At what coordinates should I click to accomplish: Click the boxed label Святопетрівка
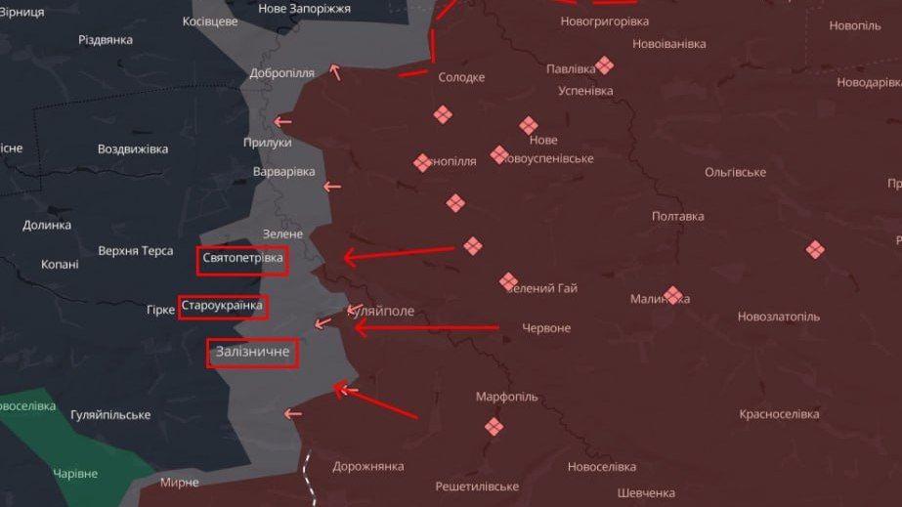pos(243,259)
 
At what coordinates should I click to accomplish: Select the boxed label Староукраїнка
pos(222,307)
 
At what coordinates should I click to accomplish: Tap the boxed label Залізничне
pos(252,353)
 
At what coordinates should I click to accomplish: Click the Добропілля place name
pos(281,73)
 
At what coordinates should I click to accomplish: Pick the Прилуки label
pos(267,143)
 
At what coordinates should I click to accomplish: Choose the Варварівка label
pos(283,172)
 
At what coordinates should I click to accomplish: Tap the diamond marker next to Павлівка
pos(605,65)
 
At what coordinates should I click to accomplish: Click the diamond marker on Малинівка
pos(672,295)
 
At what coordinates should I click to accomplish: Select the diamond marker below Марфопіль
pos(494,426)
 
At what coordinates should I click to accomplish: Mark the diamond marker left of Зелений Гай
pos(508,282)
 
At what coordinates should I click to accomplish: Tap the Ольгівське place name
pos(735,172)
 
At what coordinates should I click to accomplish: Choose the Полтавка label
pos(677,217)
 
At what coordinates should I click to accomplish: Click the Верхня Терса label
pos(136,251)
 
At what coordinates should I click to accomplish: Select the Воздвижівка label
pos(133,149)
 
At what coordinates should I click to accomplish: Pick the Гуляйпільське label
pos(110,415)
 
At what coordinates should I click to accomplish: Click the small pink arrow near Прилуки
pos(282,122)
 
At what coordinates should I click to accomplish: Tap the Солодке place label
pos(461,77)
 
